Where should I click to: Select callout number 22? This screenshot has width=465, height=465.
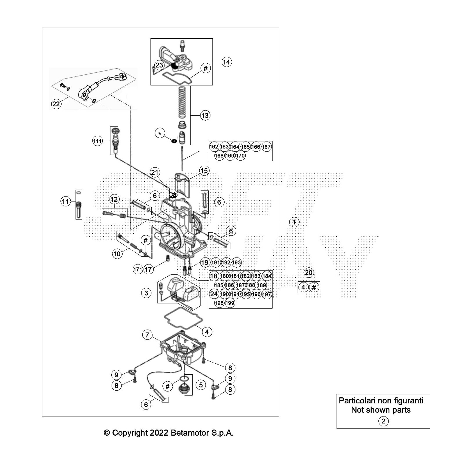[x=56, y=103]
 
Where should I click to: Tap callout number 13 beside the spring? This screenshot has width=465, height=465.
[x=205, y=115]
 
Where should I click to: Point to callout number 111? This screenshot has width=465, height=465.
[x=97, y=141]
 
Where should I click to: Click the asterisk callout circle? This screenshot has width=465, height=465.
[x=160, y=134]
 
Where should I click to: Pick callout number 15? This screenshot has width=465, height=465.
[x=204, y=171]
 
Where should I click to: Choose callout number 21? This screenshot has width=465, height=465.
[x=155, y=173]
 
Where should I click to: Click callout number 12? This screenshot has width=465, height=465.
[x=114, y=199]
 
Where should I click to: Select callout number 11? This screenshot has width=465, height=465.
[x=66, y=201]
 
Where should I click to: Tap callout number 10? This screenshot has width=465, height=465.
[x=117, y=254]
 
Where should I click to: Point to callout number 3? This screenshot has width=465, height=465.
[x=146, y=293]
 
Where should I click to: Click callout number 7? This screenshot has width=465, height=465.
[x=147, y=335]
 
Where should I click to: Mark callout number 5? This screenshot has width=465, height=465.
[x=201, y=385]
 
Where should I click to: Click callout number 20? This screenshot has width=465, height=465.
[x=309, y=273]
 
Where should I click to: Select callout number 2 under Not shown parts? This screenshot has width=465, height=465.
[x=383, y=421]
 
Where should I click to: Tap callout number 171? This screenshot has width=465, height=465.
[x=138, y=269]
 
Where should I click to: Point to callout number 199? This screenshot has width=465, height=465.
[x=230, y=303]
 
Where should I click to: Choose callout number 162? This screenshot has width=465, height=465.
[x=214, y=147]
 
